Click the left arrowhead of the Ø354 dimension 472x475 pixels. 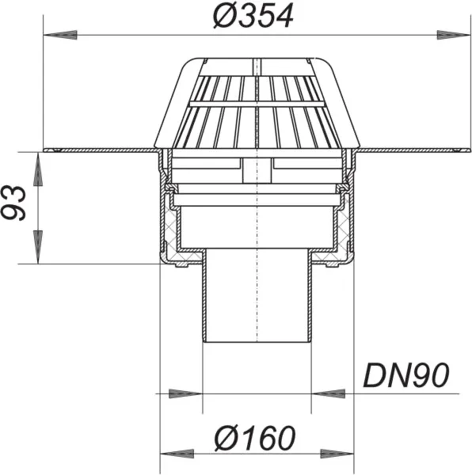click(x=54, y=34)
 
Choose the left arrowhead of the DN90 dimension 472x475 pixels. click(x=190, y=392)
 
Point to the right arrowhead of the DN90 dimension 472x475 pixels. click(x=325, y=392)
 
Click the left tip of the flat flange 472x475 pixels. click(x=48, y=150)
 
